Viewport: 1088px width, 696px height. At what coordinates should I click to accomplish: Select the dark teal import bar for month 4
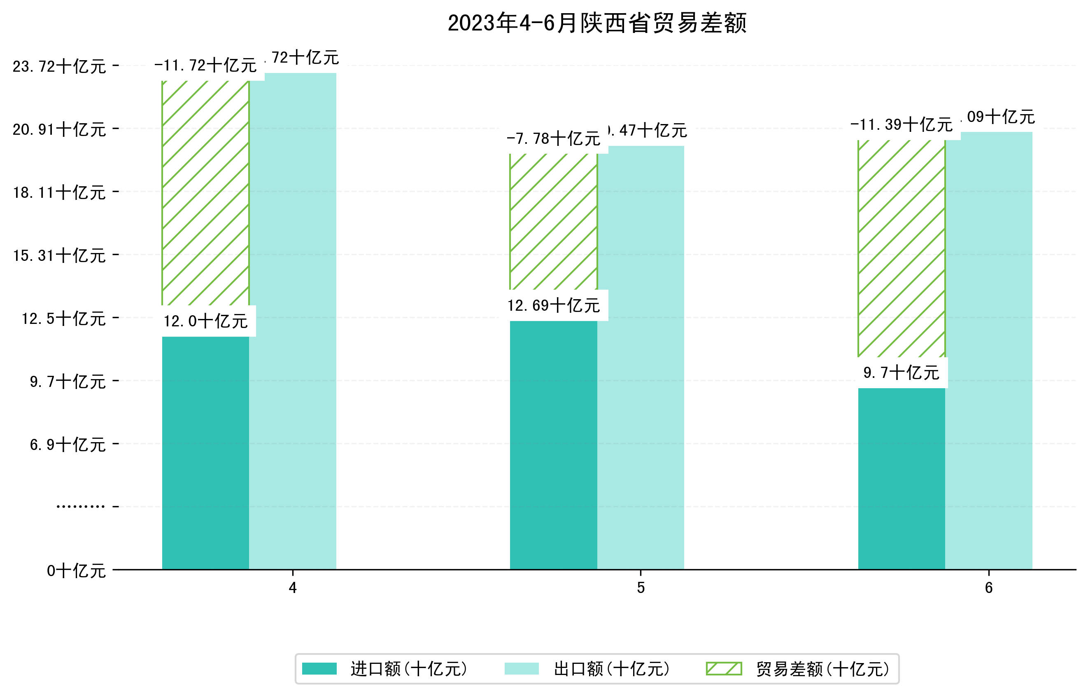tap(205, 452)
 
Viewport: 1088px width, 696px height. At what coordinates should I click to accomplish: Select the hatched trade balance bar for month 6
tap(901, 248)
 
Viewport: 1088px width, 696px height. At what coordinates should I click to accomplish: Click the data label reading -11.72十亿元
tap(205, 66)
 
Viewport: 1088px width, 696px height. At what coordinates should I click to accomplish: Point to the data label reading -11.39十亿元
tap(901, 124)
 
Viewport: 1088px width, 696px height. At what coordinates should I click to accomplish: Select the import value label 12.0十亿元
tap(205, 321)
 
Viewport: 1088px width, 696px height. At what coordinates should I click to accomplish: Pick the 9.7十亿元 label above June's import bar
tap(901, 373)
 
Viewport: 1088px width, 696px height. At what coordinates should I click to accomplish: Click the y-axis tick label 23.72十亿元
tap(59, 66)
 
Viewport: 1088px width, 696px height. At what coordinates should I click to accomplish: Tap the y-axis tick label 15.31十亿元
tap(59, 255)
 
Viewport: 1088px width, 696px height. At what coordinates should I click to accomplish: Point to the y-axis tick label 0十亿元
tap(76, 571)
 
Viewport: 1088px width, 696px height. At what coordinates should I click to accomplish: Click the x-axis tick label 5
tap(640, 588)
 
